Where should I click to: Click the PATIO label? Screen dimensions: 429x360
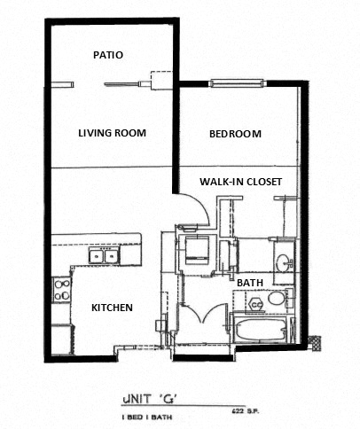(108, 55)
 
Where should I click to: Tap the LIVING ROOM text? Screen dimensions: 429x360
(112, 133)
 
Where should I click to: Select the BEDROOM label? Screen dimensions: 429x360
(235, 134)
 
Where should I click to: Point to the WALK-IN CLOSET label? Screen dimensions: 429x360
(240, 182)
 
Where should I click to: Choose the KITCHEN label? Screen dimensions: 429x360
(113, 308)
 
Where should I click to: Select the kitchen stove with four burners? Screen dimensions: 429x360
(62, 287)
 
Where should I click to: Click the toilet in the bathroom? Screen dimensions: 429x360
(257, 304)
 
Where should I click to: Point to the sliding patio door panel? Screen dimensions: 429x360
(125, 85)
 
